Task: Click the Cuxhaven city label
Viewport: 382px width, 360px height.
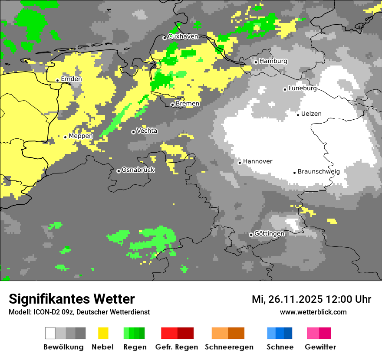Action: click(x=183, y=36)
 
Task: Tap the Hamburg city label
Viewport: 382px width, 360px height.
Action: click(x=273, y=61)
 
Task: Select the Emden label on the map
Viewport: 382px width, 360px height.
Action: click(x=71, y=79)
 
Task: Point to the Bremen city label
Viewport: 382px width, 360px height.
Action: click(x=188, y=104)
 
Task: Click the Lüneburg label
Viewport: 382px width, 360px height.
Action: click(x=303, y=88)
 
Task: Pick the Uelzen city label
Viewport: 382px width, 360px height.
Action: click(x=311, y=114)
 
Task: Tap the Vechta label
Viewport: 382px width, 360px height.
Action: click(x=147, y=131)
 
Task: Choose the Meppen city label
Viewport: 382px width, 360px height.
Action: click(x=81, y=136)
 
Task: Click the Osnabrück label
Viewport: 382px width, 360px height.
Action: click(x=138, y=170)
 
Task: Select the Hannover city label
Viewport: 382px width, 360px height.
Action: click(x=257, y=161)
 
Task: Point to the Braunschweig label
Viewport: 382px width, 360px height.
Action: click(x=319, y=171)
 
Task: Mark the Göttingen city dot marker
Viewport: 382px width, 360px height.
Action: click(x=251, y=235)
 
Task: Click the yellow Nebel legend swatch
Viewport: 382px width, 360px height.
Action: click(x=103, y=333)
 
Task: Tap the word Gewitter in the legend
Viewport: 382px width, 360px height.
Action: click(x=320, y=347)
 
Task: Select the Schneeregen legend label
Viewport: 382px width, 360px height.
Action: click(x=229, y=347)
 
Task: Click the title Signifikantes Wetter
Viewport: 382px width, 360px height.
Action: click(x=72, y=299)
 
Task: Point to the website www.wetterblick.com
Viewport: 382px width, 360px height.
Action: click(x=313, y=312)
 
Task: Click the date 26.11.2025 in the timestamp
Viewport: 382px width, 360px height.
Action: click(x=294, y=299)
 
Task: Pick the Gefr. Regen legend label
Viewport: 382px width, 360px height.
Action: click(x=177, y=347)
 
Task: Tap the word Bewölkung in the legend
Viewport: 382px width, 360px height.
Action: click(x=63, y=347)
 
